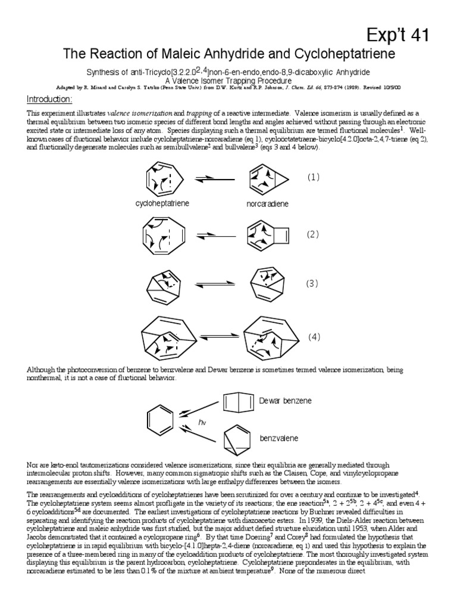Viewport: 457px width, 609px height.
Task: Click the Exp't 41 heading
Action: pos(405,36)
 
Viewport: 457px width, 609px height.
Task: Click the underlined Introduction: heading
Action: pos(50,99)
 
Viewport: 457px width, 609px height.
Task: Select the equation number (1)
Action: pos(314,177)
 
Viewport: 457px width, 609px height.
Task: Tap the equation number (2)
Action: pos(314,234)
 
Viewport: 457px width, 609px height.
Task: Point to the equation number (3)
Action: pos(313,284)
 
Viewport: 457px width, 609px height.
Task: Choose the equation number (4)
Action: pos(314,337)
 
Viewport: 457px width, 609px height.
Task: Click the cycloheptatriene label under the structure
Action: pos(162,203)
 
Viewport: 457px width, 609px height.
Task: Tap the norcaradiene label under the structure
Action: pos(267,204)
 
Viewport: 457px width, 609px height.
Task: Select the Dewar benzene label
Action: pos(285,401)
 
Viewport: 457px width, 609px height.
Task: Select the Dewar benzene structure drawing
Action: pos(238,401)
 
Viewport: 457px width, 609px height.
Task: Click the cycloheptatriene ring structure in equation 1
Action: pos(162,178)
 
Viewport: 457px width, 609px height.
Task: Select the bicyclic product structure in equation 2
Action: pos(269,234)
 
